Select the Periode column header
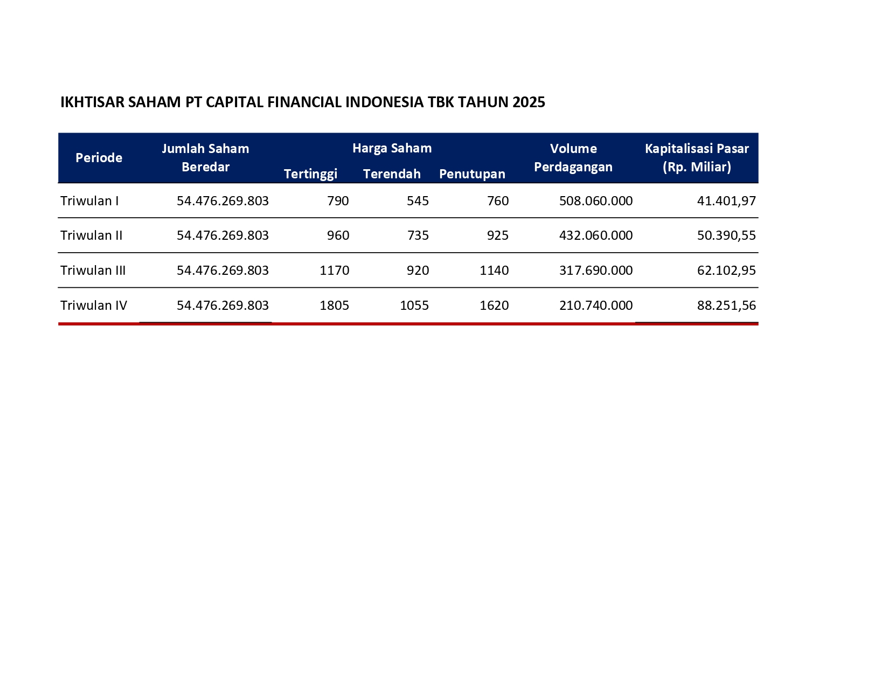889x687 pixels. click(x=99, y=158)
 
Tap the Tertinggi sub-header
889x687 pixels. click(x=310, y=174)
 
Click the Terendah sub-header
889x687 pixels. click(x=392, y=174)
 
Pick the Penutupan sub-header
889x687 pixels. click(x=472, y=174)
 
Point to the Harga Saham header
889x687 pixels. click(x=392, y=148)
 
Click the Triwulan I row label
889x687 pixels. click(x=89, y=201)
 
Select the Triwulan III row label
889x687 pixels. click(x=93, y=270)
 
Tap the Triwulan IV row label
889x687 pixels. click(x=94, y=306)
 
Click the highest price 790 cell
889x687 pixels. click(x=338, y=201)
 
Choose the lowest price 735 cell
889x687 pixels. click(x=418, y=235)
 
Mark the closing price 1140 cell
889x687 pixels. click(x=494, y=270)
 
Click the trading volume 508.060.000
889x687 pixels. click(x=596, y=201)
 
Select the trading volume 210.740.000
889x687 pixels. click(x=596, y=306)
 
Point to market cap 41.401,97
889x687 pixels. click(x=726, y=201)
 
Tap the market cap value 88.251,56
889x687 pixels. click(x=726, y=306)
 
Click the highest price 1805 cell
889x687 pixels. click(x=334, y=306)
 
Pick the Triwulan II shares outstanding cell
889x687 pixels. click(x=223, y=235)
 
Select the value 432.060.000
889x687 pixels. click(x=596, y=235)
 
